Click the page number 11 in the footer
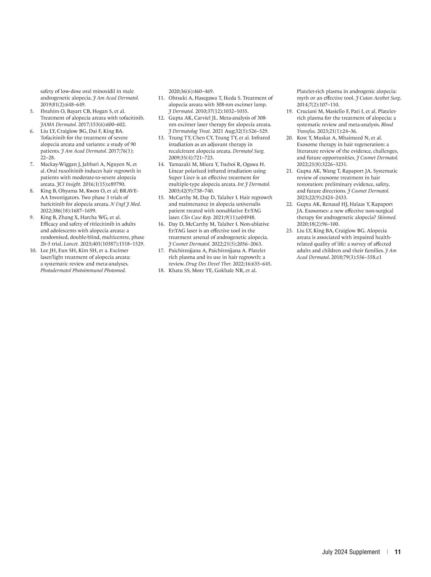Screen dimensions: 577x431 pyautogui.click(x=398, y=552)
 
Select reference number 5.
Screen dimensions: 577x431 pyautogui.click(x=32, y=111)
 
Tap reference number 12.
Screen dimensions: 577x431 pyautogui.click(x=161, y=118)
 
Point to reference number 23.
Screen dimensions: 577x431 pyautogui.click(x=289, y=231)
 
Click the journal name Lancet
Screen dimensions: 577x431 pyautogui.click(x=71, y=244)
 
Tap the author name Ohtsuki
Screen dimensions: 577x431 pyautogui.click(x=179, y=98)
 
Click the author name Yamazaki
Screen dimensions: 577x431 pyautogui.click(x=180, y=165)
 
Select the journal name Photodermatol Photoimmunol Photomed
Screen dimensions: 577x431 pyautogui.click(x=83, y=271)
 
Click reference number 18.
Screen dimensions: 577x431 pyautogui.click(x=161, y=271)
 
